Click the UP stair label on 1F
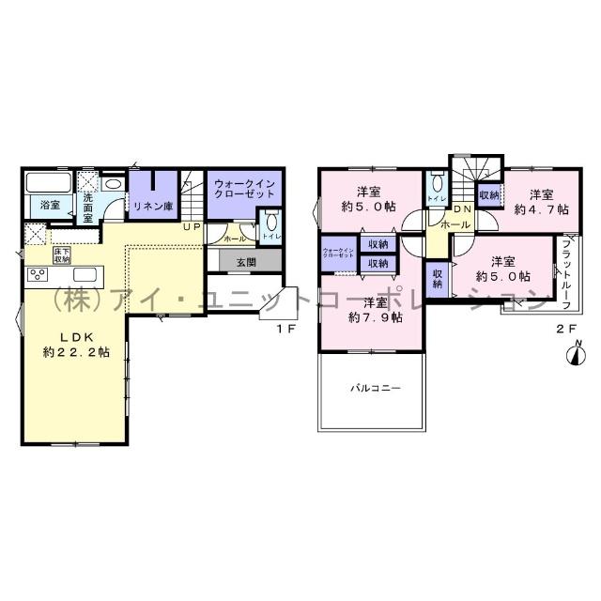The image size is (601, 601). pos(192,226)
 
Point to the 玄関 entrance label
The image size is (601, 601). pos(246,261)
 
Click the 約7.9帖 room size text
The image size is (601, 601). pos(376,317)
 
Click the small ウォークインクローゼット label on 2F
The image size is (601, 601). pos(337,254)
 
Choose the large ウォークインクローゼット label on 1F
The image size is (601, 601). pos(243,188)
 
